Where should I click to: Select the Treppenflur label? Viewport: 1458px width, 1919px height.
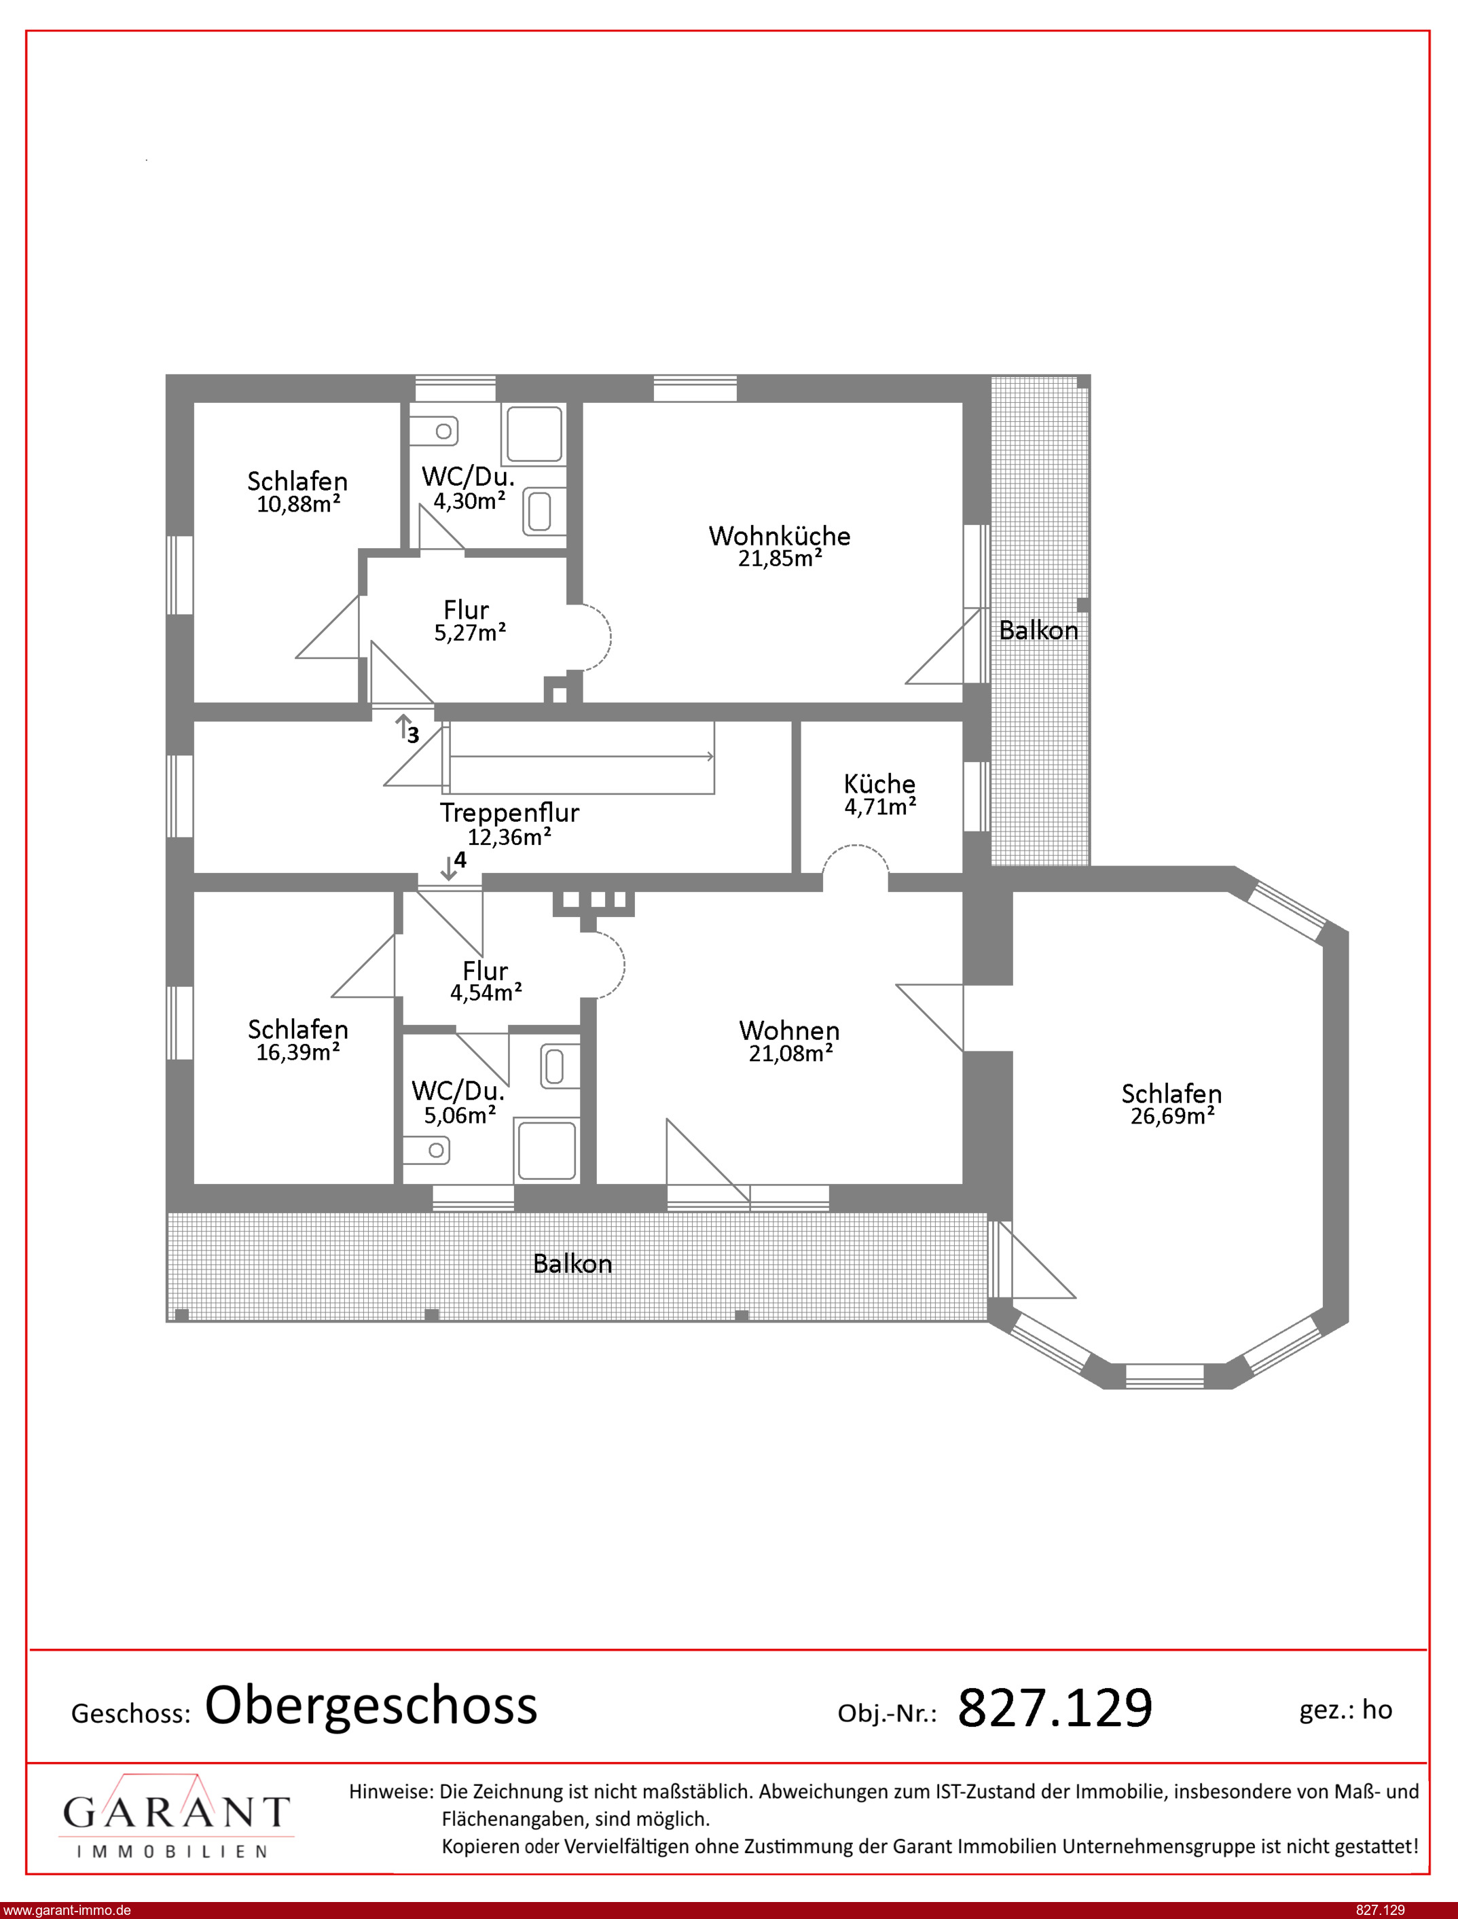pyautogui.click(x=509, y=812)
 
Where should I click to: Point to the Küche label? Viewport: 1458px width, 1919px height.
pyautogui.click(x=879, y=784)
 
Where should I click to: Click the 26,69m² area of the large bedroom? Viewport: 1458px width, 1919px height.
pyautogui.click(x=1171, y=1116)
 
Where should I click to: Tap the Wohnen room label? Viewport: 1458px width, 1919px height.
pyautogui.click(x=789, y=1030)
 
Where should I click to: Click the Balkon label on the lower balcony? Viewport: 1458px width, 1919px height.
pyautogui.click(x=572, y=1263)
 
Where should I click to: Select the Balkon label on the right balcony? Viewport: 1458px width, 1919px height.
pyautogui.click(x=1038, y=630)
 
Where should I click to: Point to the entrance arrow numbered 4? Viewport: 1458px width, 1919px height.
pyautogui.click(x=448, y=867)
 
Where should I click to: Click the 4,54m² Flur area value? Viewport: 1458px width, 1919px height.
pyautogui.click(x=485, y=992)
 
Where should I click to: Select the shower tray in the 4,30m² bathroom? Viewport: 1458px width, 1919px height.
pyautogui.click(x=534, y=434)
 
